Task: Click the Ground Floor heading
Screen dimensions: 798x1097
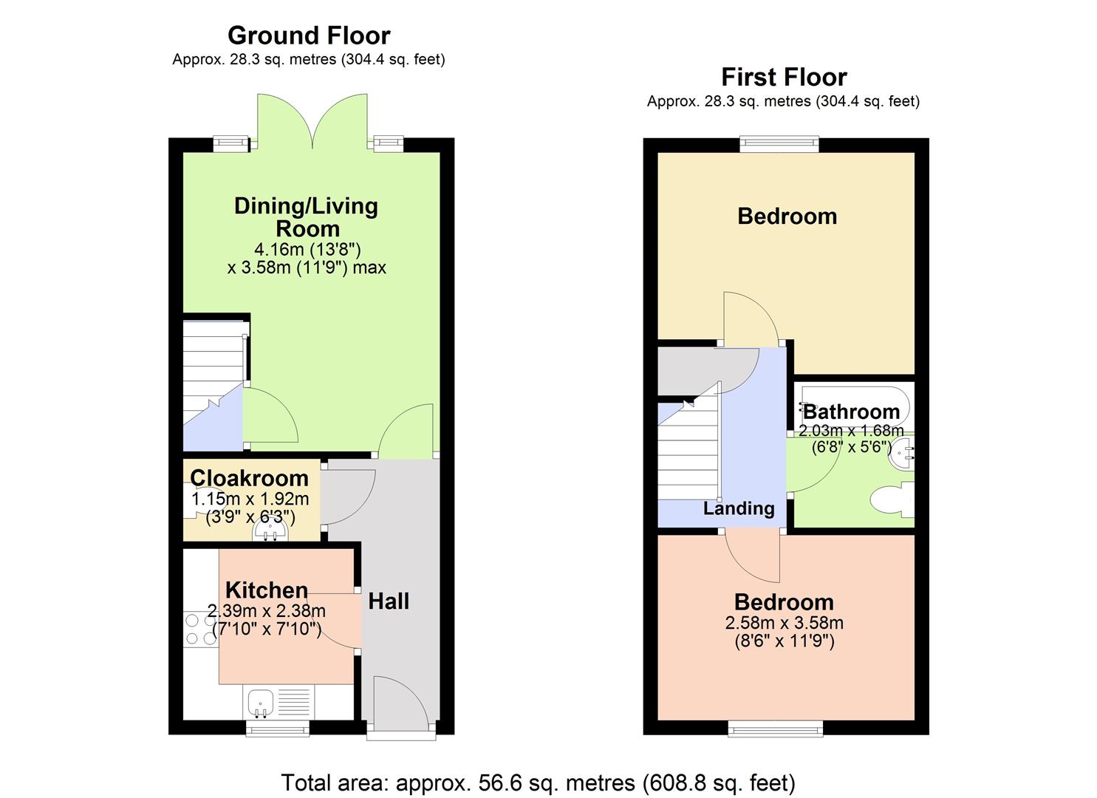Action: click(309, 35)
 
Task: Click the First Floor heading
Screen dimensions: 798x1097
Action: click(784, 77)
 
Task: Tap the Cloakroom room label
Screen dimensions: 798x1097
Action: click(249, 478)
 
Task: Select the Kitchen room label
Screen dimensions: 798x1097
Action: click(267, 590)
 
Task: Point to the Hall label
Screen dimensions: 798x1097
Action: click(389, 601)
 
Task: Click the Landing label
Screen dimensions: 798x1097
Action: click(739, 508)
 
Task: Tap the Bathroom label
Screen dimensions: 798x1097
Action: click(851, 412)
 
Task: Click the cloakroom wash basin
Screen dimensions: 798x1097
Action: click(270, 531)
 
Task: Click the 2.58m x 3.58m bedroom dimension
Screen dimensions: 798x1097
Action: click(784, 623)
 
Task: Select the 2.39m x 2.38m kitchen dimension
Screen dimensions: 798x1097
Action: click(267, 611)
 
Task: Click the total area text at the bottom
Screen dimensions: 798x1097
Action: click(538, 782)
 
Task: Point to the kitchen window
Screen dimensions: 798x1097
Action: click(277, 729)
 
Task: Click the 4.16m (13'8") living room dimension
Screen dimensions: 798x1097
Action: click(307, 248)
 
